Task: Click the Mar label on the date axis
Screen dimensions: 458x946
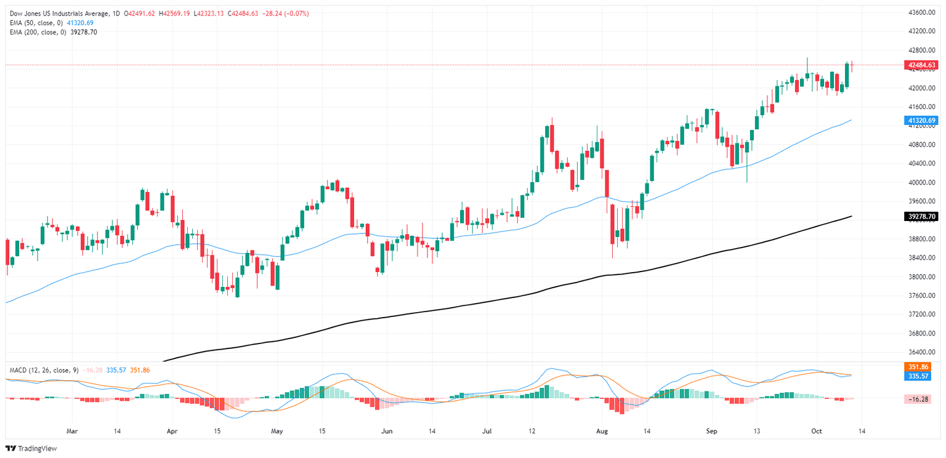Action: (x=72, y=431)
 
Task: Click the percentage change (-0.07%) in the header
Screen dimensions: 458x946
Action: (x=296, y=13)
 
